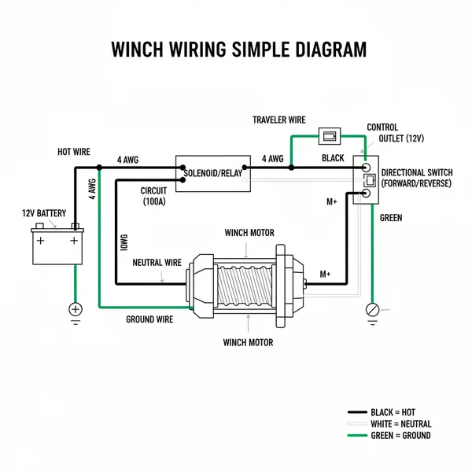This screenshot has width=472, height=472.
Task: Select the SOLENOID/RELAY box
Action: point(212,172)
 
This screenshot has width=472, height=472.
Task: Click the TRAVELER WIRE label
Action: point(278,120)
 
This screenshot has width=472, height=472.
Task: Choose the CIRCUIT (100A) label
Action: point(153,197)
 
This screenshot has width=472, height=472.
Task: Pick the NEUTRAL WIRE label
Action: point(157,262)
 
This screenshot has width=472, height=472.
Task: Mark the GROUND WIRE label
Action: point(149,319)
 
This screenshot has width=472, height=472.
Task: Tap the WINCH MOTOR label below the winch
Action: point(248,342)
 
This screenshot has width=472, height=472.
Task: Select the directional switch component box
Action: point(366,180)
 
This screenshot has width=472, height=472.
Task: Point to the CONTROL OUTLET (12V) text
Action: point(395,133)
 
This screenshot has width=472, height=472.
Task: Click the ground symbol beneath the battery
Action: point(76,310)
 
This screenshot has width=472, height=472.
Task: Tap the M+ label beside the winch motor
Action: point(325,275)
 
